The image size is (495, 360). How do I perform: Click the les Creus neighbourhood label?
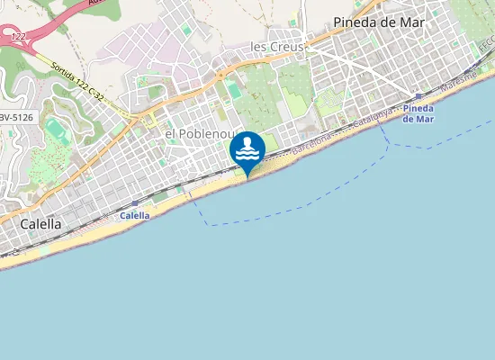click(x=278, y=46)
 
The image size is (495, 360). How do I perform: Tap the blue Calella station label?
click(x=135, y=216)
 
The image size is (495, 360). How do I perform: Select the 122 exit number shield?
click(x=17, y=36)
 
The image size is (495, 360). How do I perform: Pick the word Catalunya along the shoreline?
click(x=372, y=117)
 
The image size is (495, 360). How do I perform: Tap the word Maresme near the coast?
click(x=466, y=81)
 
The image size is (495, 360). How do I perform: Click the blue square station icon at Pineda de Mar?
click(x=419, y=95)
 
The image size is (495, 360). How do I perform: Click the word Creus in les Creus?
click(x=288, y=46)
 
